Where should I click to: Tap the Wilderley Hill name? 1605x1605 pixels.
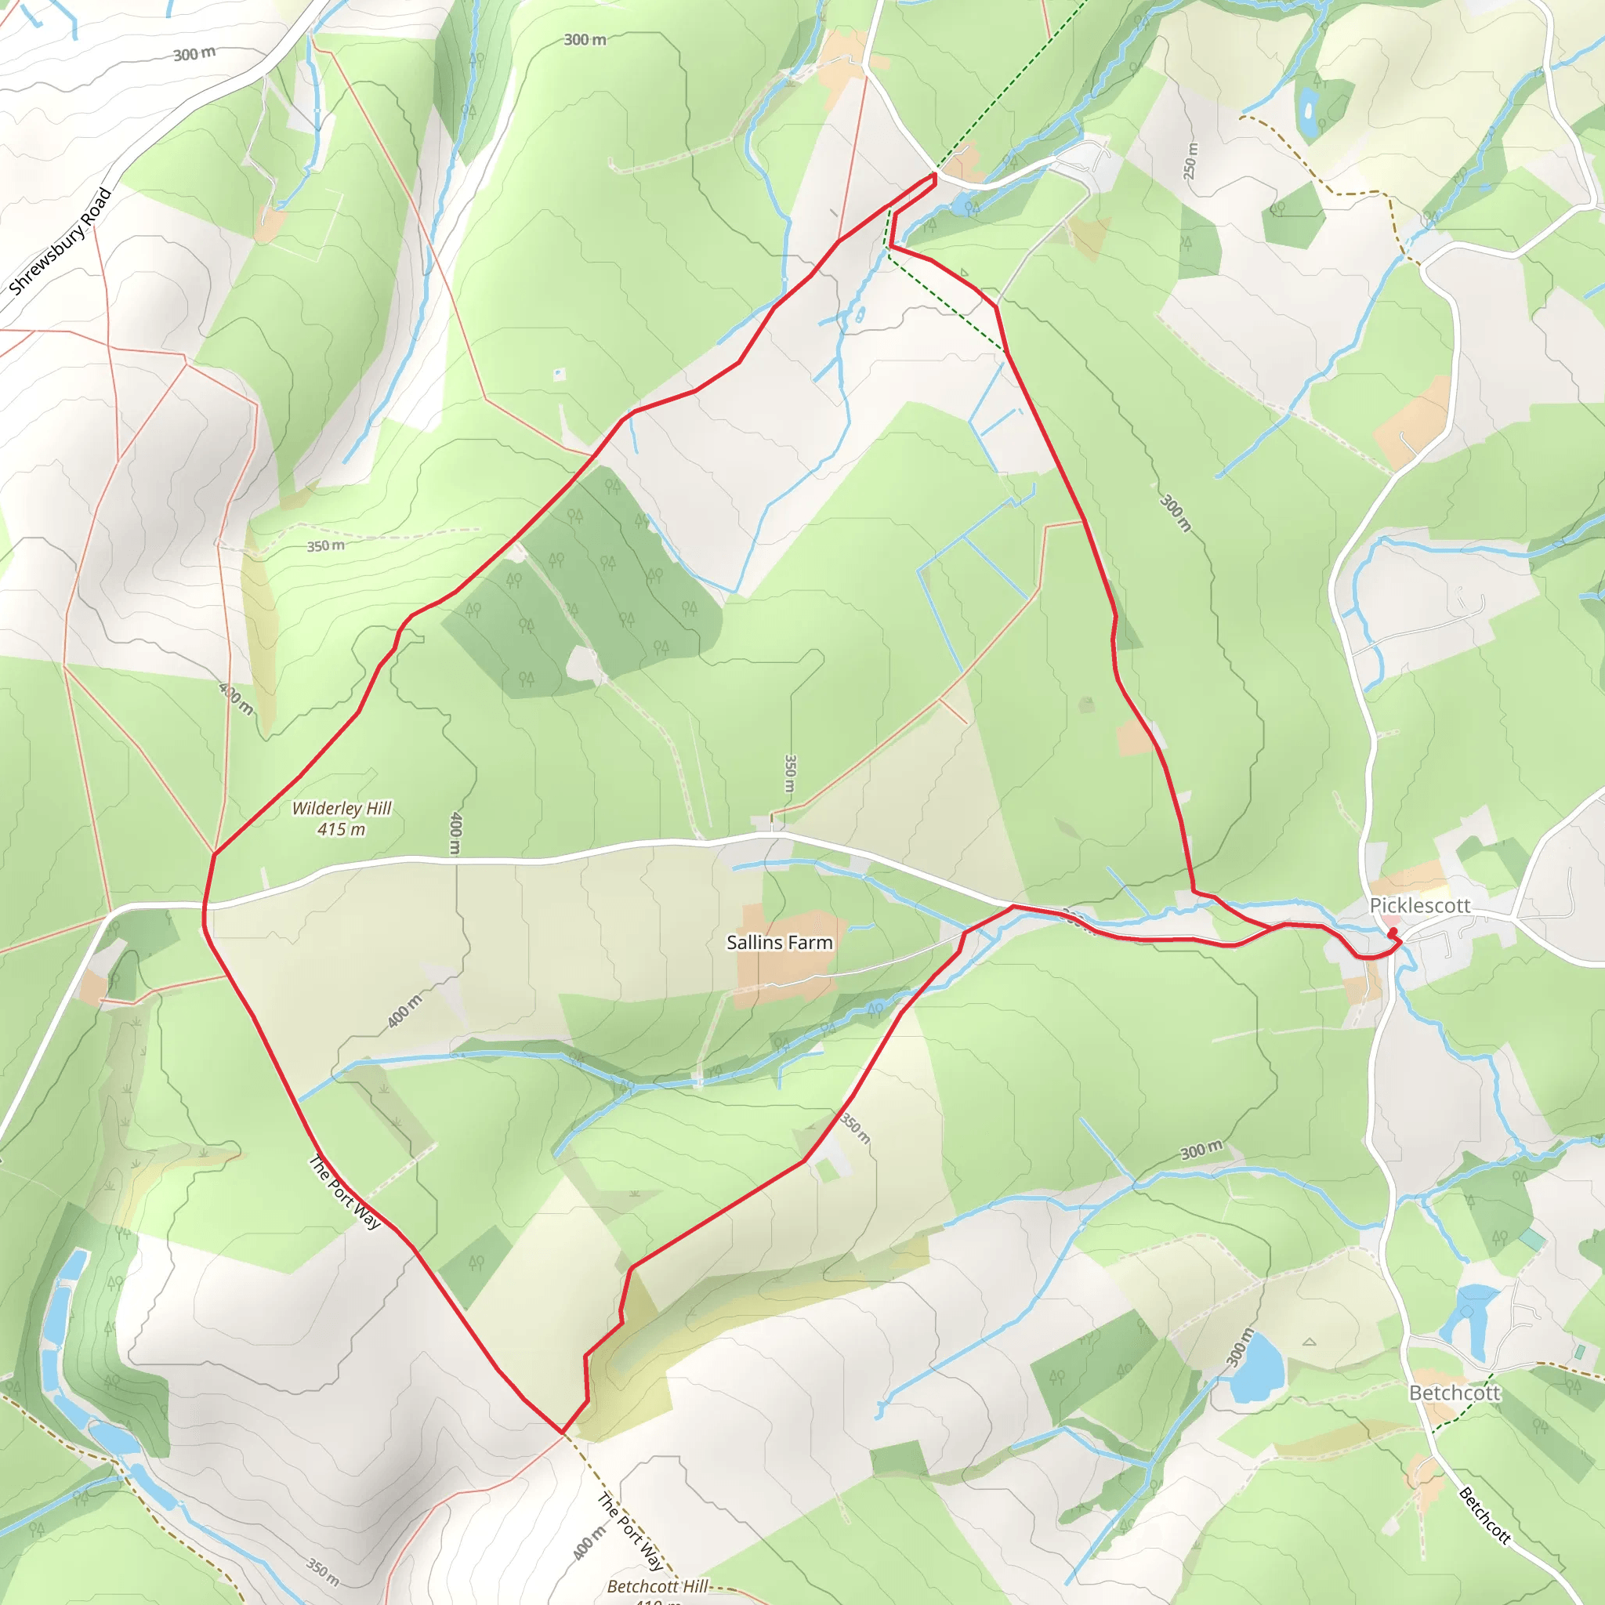pyautogui.click(x=342, y=808)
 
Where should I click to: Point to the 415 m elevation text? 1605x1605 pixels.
pyautogui.click(x=342, y=829)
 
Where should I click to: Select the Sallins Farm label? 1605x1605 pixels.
pyautogui.click(x=779, y=942)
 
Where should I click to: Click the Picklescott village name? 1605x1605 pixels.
pyautogui.click(x=1420, y=905)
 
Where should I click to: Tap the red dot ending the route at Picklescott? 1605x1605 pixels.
pyautogui.click(x=1393, y=932)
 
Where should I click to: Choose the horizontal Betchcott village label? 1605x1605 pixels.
pyautogui.click(x=1455, y=1393)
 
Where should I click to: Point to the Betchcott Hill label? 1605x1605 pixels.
pyautogui.click(x=657, y=1586)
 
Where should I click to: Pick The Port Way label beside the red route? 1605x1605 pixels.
pyautogui.click(x=345, y=1192)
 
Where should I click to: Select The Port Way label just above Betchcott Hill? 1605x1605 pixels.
pyautogui.click(x=631, y=1532)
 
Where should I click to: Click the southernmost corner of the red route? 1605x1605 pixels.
pyautogui.click(x=563, y=1433)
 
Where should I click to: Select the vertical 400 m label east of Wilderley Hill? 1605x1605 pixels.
pyautogui.click(x=455, y=833)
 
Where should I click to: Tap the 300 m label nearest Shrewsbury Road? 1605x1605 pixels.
pyautogui.click(x=194, y=54)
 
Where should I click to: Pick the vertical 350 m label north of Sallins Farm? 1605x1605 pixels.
pyautogui.click(x=790, y=774)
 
